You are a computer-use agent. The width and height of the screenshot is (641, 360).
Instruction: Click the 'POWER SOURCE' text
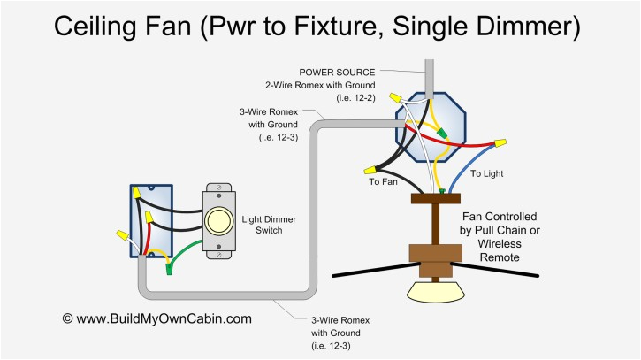(337, 73)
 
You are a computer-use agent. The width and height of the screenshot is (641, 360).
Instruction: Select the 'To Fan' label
(383, 181)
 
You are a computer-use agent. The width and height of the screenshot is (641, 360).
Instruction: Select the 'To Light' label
(485, 173)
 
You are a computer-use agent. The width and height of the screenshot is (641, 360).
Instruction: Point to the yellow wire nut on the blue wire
(500, 142)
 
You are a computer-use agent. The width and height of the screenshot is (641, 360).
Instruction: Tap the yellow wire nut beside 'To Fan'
(368, 168)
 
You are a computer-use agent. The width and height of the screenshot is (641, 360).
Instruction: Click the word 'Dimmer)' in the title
(532, 26)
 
